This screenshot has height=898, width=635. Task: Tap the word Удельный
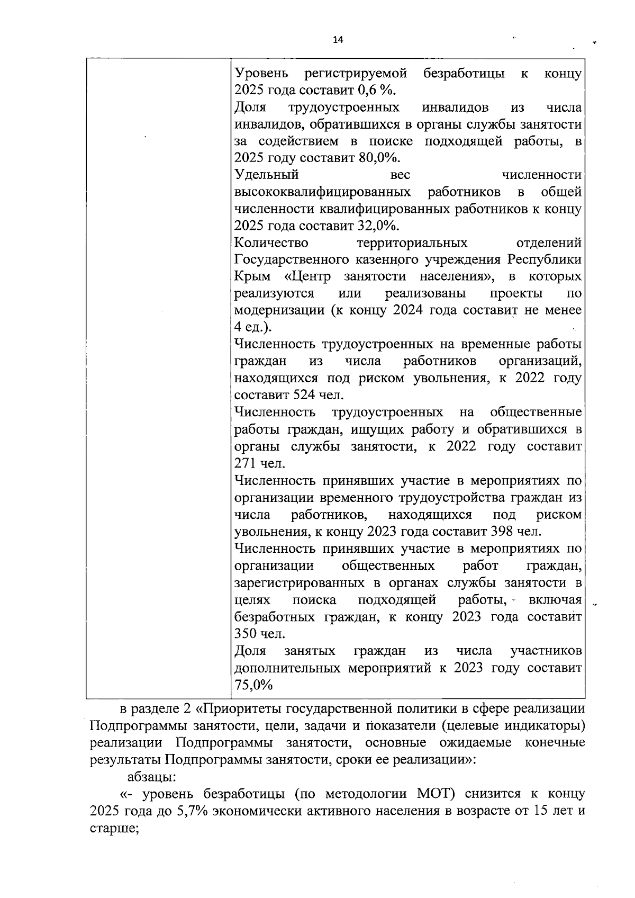(x=266, y=175)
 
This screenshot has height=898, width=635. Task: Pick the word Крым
(x=252, y=277)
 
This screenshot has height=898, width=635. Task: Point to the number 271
(x=245, y=463)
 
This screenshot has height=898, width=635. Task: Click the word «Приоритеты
(x=247, y=709)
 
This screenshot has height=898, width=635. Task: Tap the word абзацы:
(x=151, y=777)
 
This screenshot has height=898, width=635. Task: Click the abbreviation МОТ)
(x=436, y=794)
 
